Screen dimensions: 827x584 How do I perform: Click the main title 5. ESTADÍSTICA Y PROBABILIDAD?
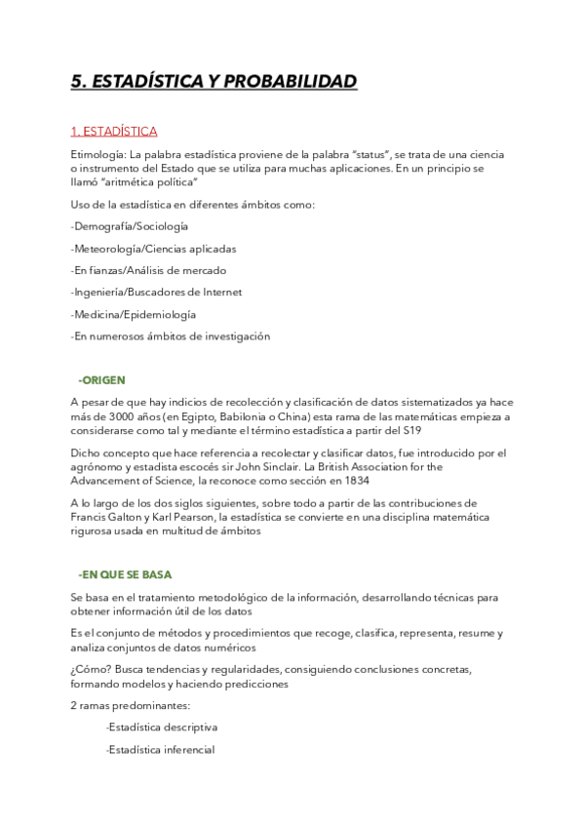tap(214, 82)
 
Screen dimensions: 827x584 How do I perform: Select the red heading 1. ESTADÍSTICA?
tap(114, 132)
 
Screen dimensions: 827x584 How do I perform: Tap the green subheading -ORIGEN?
tap(101, 379)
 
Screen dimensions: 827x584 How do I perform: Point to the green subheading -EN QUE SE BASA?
tap(125, 574)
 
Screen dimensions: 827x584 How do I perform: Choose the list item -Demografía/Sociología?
tap(130, 226)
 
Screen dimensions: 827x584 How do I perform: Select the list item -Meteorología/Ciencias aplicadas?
tap(153, 249)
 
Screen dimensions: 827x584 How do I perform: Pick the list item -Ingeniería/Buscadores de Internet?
tap(156, 293)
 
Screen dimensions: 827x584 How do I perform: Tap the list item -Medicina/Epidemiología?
tap(133, 315)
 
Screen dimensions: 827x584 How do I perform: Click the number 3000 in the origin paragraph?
tap(115, 416)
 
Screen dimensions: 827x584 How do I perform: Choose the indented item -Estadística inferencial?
tap(160, 750)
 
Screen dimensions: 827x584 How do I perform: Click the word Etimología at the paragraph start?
tap(97, 154)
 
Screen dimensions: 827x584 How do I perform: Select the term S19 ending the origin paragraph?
tap(412, 430)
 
